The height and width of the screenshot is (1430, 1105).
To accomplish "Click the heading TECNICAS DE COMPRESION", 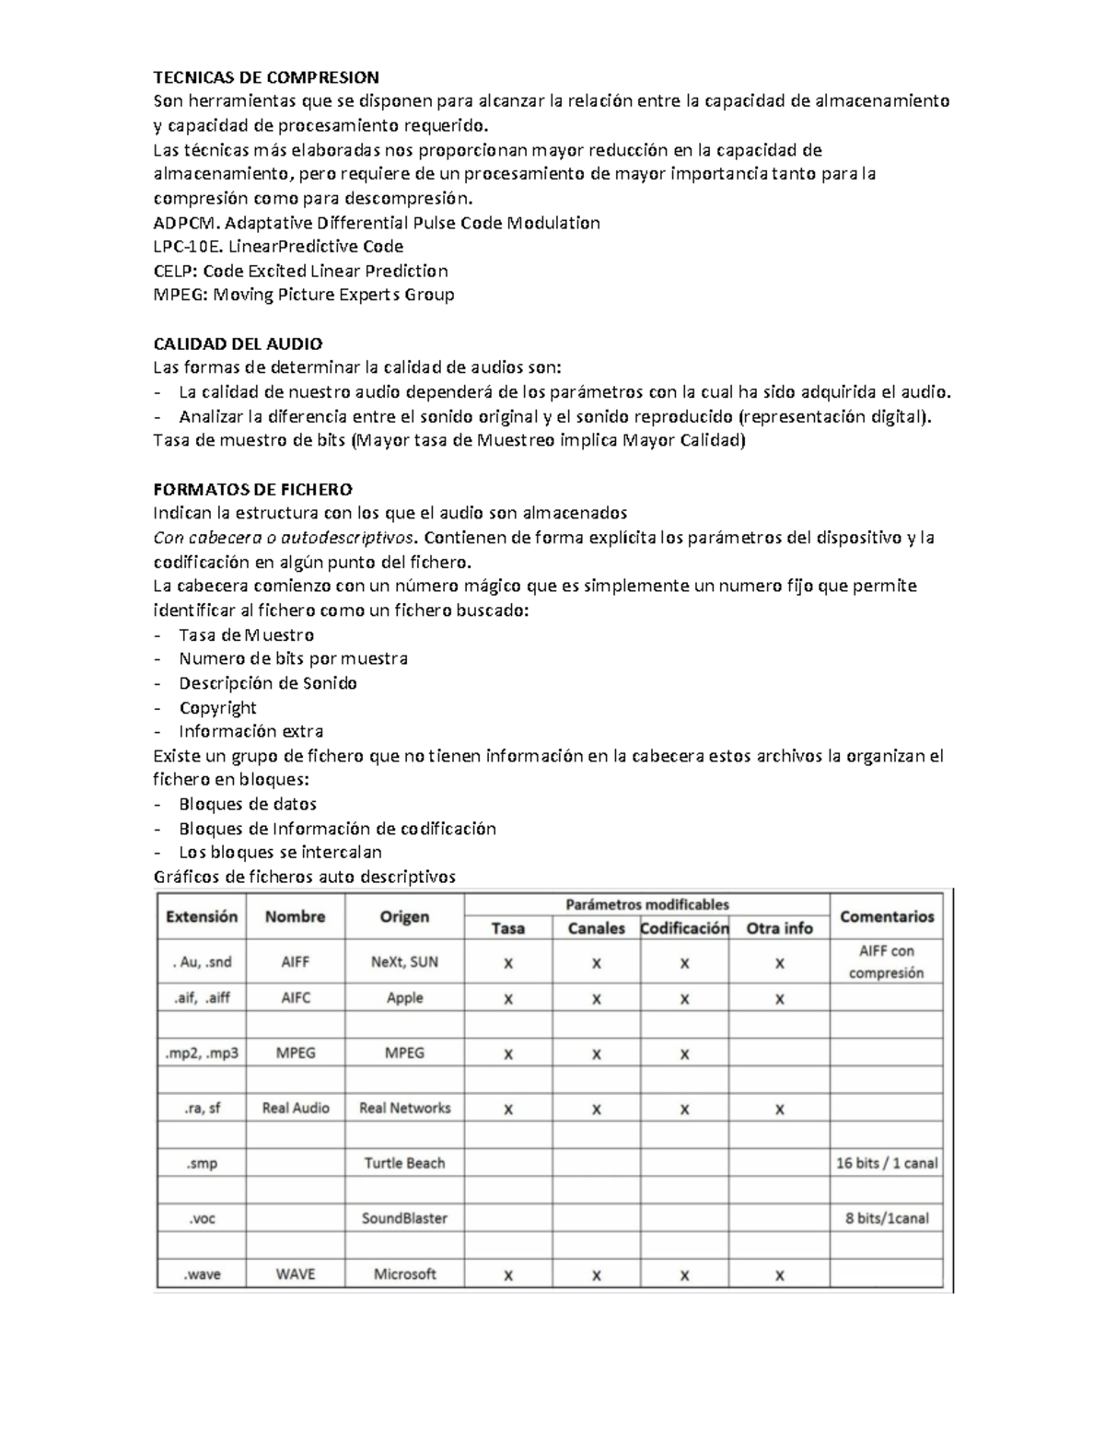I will coord(265,76).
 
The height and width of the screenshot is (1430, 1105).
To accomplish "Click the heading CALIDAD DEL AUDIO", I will coord(237,343).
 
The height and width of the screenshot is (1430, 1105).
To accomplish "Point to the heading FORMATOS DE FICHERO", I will coord(252,489).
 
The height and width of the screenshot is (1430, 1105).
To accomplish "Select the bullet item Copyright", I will coord(217,707).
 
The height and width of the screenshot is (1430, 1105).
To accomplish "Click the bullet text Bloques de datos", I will coord(247,804).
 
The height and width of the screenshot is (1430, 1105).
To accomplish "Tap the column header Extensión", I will coord(202,916).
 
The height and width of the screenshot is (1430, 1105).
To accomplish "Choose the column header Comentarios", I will coord(886,916).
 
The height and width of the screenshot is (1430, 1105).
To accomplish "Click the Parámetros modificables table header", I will coord(646,904).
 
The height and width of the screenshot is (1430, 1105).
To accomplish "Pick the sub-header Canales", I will coord(596,928).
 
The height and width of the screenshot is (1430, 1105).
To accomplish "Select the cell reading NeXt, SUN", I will coord(404,962).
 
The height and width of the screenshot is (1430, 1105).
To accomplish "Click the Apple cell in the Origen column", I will coord(404,998).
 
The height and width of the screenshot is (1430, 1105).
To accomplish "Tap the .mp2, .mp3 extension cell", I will coord(202,1052).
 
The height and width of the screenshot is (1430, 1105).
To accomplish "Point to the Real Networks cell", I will coord(404,1108).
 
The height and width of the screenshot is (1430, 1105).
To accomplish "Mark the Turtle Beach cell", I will coord(404,1163).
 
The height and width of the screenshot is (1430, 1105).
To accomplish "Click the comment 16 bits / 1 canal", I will coord(886,1163).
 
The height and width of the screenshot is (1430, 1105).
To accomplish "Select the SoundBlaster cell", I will coord(404,1218).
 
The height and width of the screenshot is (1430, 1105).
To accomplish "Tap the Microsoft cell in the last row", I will coord(404,1274).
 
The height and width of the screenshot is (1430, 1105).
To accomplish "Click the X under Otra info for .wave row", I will coord(779,1275).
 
